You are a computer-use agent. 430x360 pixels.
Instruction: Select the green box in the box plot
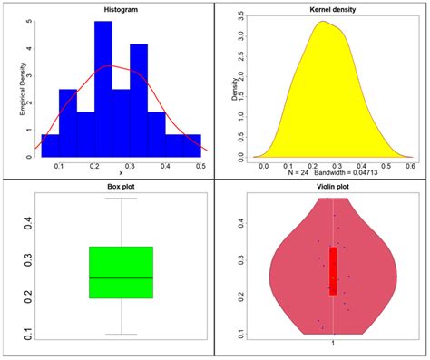click(121, 272)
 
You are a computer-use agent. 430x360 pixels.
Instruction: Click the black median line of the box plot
click(121, 277)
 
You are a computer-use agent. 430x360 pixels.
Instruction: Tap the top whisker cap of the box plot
click(121, 198)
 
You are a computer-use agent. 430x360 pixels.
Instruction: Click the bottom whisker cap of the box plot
click(121, 335)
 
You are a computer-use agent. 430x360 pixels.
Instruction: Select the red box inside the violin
click(333, 270)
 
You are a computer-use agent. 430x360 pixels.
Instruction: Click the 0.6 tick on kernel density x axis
click(409, 166)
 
